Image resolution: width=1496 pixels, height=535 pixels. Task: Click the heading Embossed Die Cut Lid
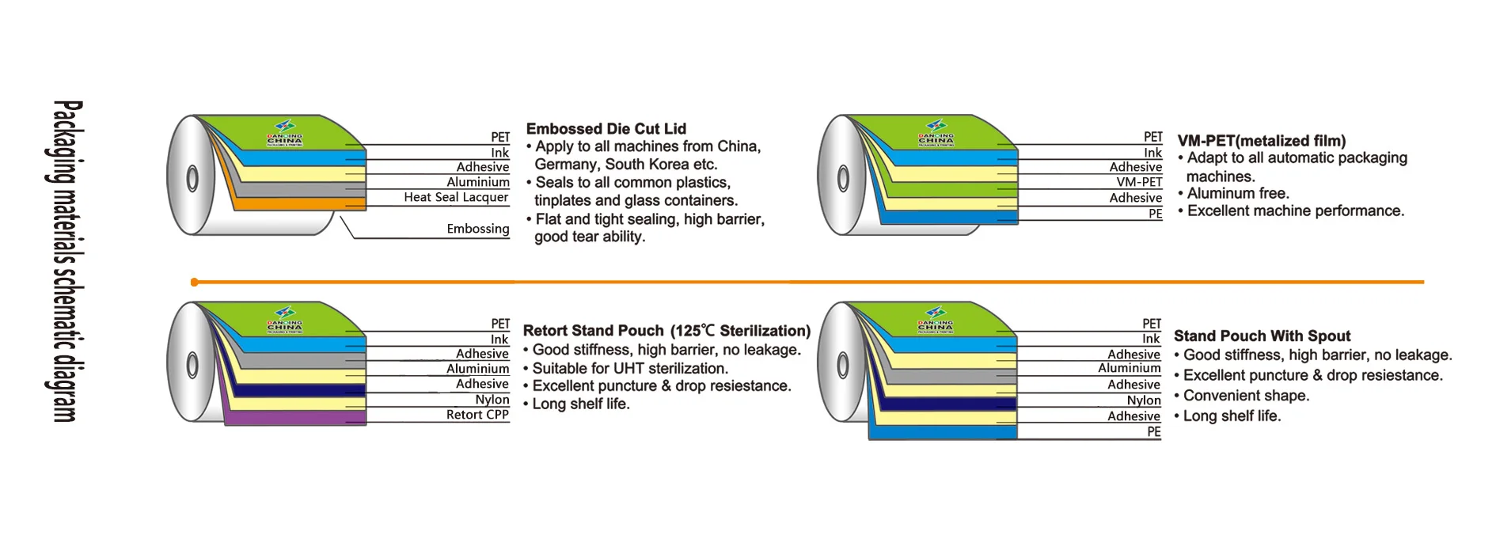point(606,129)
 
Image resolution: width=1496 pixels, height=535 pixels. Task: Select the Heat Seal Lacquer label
point(456,197)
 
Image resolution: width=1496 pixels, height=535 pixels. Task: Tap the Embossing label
point(477,229)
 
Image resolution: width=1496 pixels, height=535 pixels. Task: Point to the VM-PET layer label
point(1139,182)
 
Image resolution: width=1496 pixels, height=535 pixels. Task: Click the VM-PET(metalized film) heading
point(1261,141)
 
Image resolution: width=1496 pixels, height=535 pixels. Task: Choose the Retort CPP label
point(477,415)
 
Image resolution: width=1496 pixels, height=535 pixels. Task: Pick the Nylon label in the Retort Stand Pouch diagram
point(492,400)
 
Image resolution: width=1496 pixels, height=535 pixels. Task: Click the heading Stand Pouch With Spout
point(1262,336)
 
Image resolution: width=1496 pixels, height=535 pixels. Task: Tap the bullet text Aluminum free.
point(1238,193)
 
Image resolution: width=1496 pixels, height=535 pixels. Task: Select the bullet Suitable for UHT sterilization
point(629,368)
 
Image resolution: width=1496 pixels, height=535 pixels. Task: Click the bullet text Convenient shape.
point(1246,396)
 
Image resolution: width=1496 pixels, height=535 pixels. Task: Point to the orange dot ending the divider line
point(195,282)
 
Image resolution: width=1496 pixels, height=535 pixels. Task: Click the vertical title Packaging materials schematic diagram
point(66,261)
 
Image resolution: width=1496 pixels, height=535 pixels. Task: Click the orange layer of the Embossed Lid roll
point(293,203)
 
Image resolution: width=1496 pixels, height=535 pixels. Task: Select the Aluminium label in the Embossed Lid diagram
point(477,182)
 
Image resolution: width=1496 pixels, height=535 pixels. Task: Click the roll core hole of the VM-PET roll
point(843,179)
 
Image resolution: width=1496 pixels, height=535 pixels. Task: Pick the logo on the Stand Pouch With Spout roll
point(935,320)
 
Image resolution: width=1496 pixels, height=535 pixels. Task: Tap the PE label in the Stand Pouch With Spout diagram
point(1154,432)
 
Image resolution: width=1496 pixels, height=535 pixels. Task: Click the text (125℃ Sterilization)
point(740,331)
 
